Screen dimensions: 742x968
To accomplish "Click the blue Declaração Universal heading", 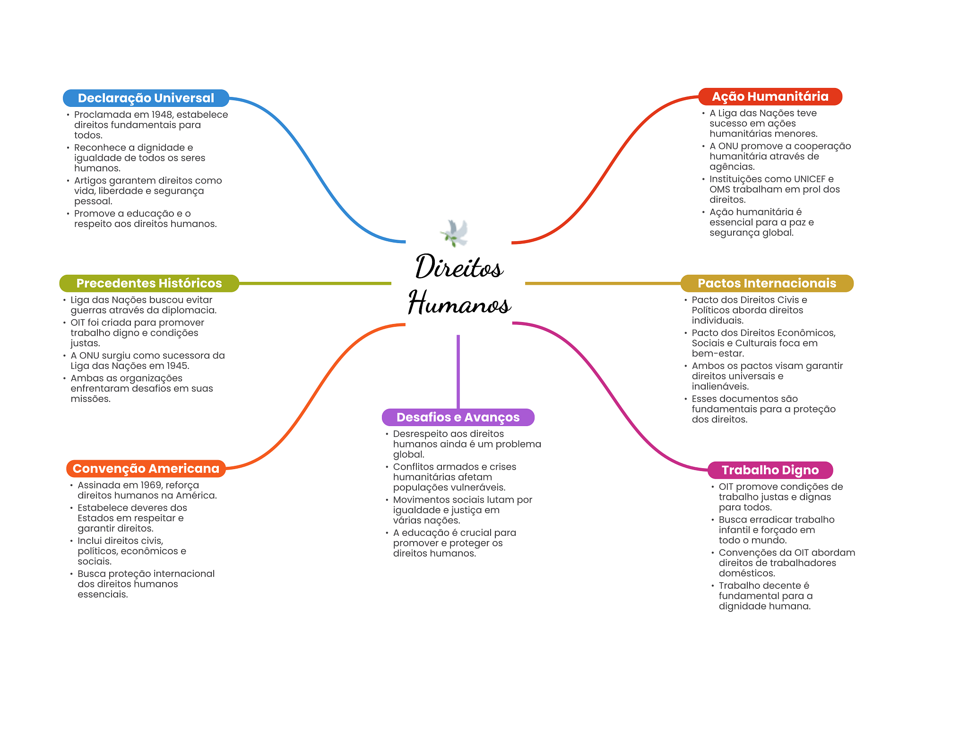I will coord(146,98).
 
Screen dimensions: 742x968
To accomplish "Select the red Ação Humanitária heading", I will coord(770,96).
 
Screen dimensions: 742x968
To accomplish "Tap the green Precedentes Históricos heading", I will coord(149,283).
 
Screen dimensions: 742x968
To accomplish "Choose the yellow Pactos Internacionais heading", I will coord(767,283).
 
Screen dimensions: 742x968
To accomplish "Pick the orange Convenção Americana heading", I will coord(146,469).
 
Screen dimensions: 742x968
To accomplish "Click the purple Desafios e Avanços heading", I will coord(458,417).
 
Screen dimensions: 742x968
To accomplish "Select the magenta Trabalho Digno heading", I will coord(770,470).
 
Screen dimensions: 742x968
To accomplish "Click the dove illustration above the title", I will coord(455,233).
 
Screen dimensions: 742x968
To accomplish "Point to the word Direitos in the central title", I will coord(459,267).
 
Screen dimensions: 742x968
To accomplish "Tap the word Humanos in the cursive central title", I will coord(459,304).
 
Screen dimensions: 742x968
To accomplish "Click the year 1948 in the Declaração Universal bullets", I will coord(162,114).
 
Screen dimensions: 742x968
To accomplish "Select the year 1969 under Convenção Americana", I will coord(151,485).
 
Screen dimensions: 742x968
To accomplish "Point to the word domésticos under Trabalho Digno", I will coord(746,574).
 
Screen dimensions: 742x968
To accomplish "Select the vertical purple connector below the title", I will coord(458,371).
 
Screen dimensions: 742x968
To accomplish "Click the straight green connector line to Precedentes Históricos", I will coord(315,283).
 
